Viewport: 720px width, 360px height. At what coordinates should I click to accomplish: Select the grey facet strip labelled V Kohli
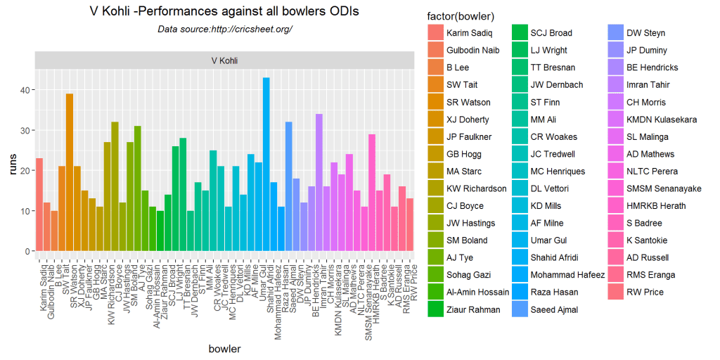(225, 60)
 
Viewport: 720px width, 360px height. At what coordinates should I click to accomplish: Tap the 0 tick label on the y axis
(25, 251)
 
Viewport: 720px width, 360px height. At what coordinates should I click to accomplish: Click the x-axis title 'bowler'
(225, 349)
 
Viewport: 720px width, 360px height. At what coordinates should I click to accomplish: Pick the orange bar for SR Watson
(69, 172)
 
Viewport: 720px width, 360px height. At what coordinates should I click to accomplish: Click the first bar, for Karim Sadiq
(39, 205)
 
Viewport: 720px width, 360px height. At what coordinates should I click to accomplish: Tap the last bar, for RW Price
(411, 225)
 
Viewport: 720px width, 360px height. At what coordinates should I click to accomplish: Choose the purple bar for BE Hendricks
(319, 182)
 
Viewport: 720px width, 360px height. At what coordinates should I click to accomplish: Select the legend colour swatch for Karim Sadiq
(435, 33)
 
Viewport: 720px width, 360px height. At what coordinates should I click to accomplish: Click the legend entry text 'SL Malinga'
(648, 137)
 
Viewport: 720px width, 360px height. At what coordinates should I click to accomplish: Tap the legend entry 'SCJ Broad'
(551, 33)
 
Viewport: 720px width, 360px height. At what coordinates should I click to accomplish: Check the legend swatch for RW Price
(616, 292)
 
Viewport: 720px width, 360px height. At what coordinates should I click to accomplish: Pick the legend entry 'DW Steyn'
(645, 33)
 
